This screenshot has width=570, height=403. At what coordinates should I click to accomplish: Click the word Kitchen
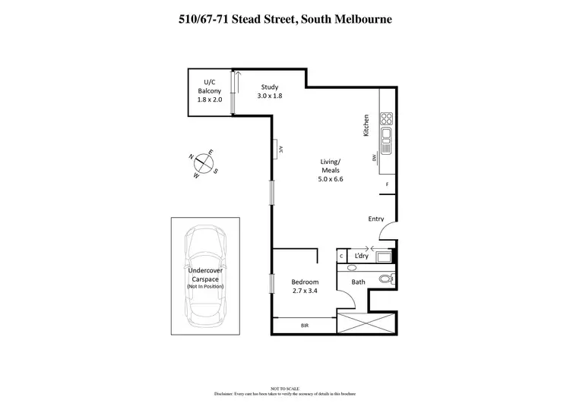[x=366, y=125]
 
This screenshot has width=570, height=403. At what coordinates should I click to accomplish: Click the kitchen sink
[x=385, y=138]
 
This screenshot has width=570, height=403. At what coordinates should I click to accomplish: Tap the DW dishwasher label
[x=375, y=158]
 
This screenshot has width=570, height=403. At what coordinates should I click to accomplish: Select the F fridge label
[x=387, y=184]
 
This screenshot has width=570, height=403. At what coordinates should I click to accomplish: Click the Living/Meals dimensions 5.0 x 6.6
[x=331, y=179]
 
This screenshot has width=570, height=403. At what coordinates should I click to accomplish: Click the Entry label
[x=376, y=219]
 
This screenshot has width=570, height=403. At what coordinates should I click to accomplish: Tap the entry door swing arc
[x=387, y=229]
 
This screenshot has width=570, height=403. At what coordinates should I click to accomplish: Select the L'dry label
[x=361, y=256]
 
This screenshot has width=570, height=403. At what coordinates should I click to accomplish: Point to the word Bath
[x=358, y=283]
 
